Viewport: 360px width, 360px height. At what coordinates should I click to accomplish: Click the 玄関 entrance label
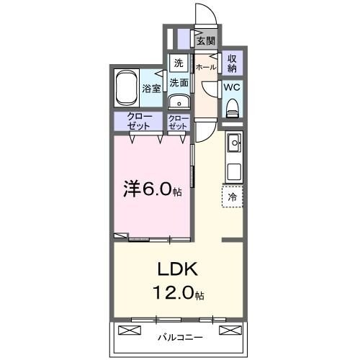coord(206,41)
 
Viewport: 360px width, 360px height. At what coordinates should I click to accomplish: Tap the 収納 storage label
coord(232,63)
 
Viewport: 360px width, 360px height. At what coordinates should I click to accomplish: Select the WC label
coord(232,86)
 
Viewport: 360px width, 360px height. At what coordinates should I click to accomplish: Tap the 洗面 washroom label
coord(179,83)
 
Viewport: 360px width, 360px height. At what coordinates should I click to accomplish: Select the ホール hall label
coord(206,67)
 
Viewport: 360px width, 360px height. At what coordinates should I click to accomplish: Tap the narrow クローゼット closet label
coord(178,122)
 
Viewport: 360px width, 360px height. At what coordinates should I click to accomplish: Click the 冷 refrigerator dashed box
coord(233,195)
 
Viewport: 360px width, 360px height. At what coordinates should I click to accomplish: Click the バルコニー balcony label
coord(179,336)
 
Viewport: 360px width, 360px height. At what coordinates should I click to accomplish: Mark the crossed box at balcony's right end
coord(230,330)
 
